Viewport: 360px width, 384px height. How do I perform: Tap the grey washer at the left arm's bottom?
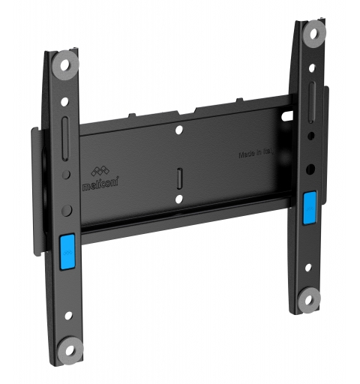point(70,349)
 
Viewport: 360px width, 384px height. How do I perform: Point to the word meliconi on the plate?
point(94,181)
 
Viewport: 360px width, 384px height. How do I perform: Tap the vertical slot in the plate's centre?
point(179,178)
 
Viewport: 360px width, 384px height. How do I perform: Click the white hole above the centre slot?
point(179,131)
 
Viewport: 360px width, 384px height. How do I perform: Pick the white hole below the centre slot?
point(179,199)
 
